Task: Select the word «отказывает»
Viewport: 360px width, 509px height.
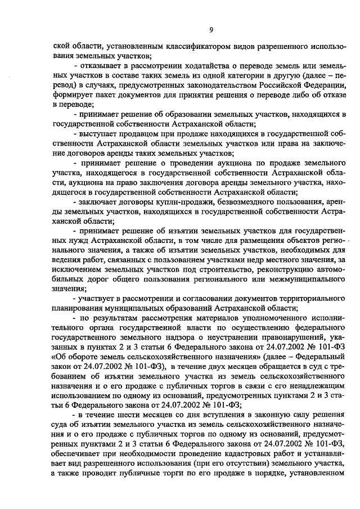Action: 100,67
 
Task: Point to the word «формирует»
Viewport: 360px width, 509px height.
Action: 71,94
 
